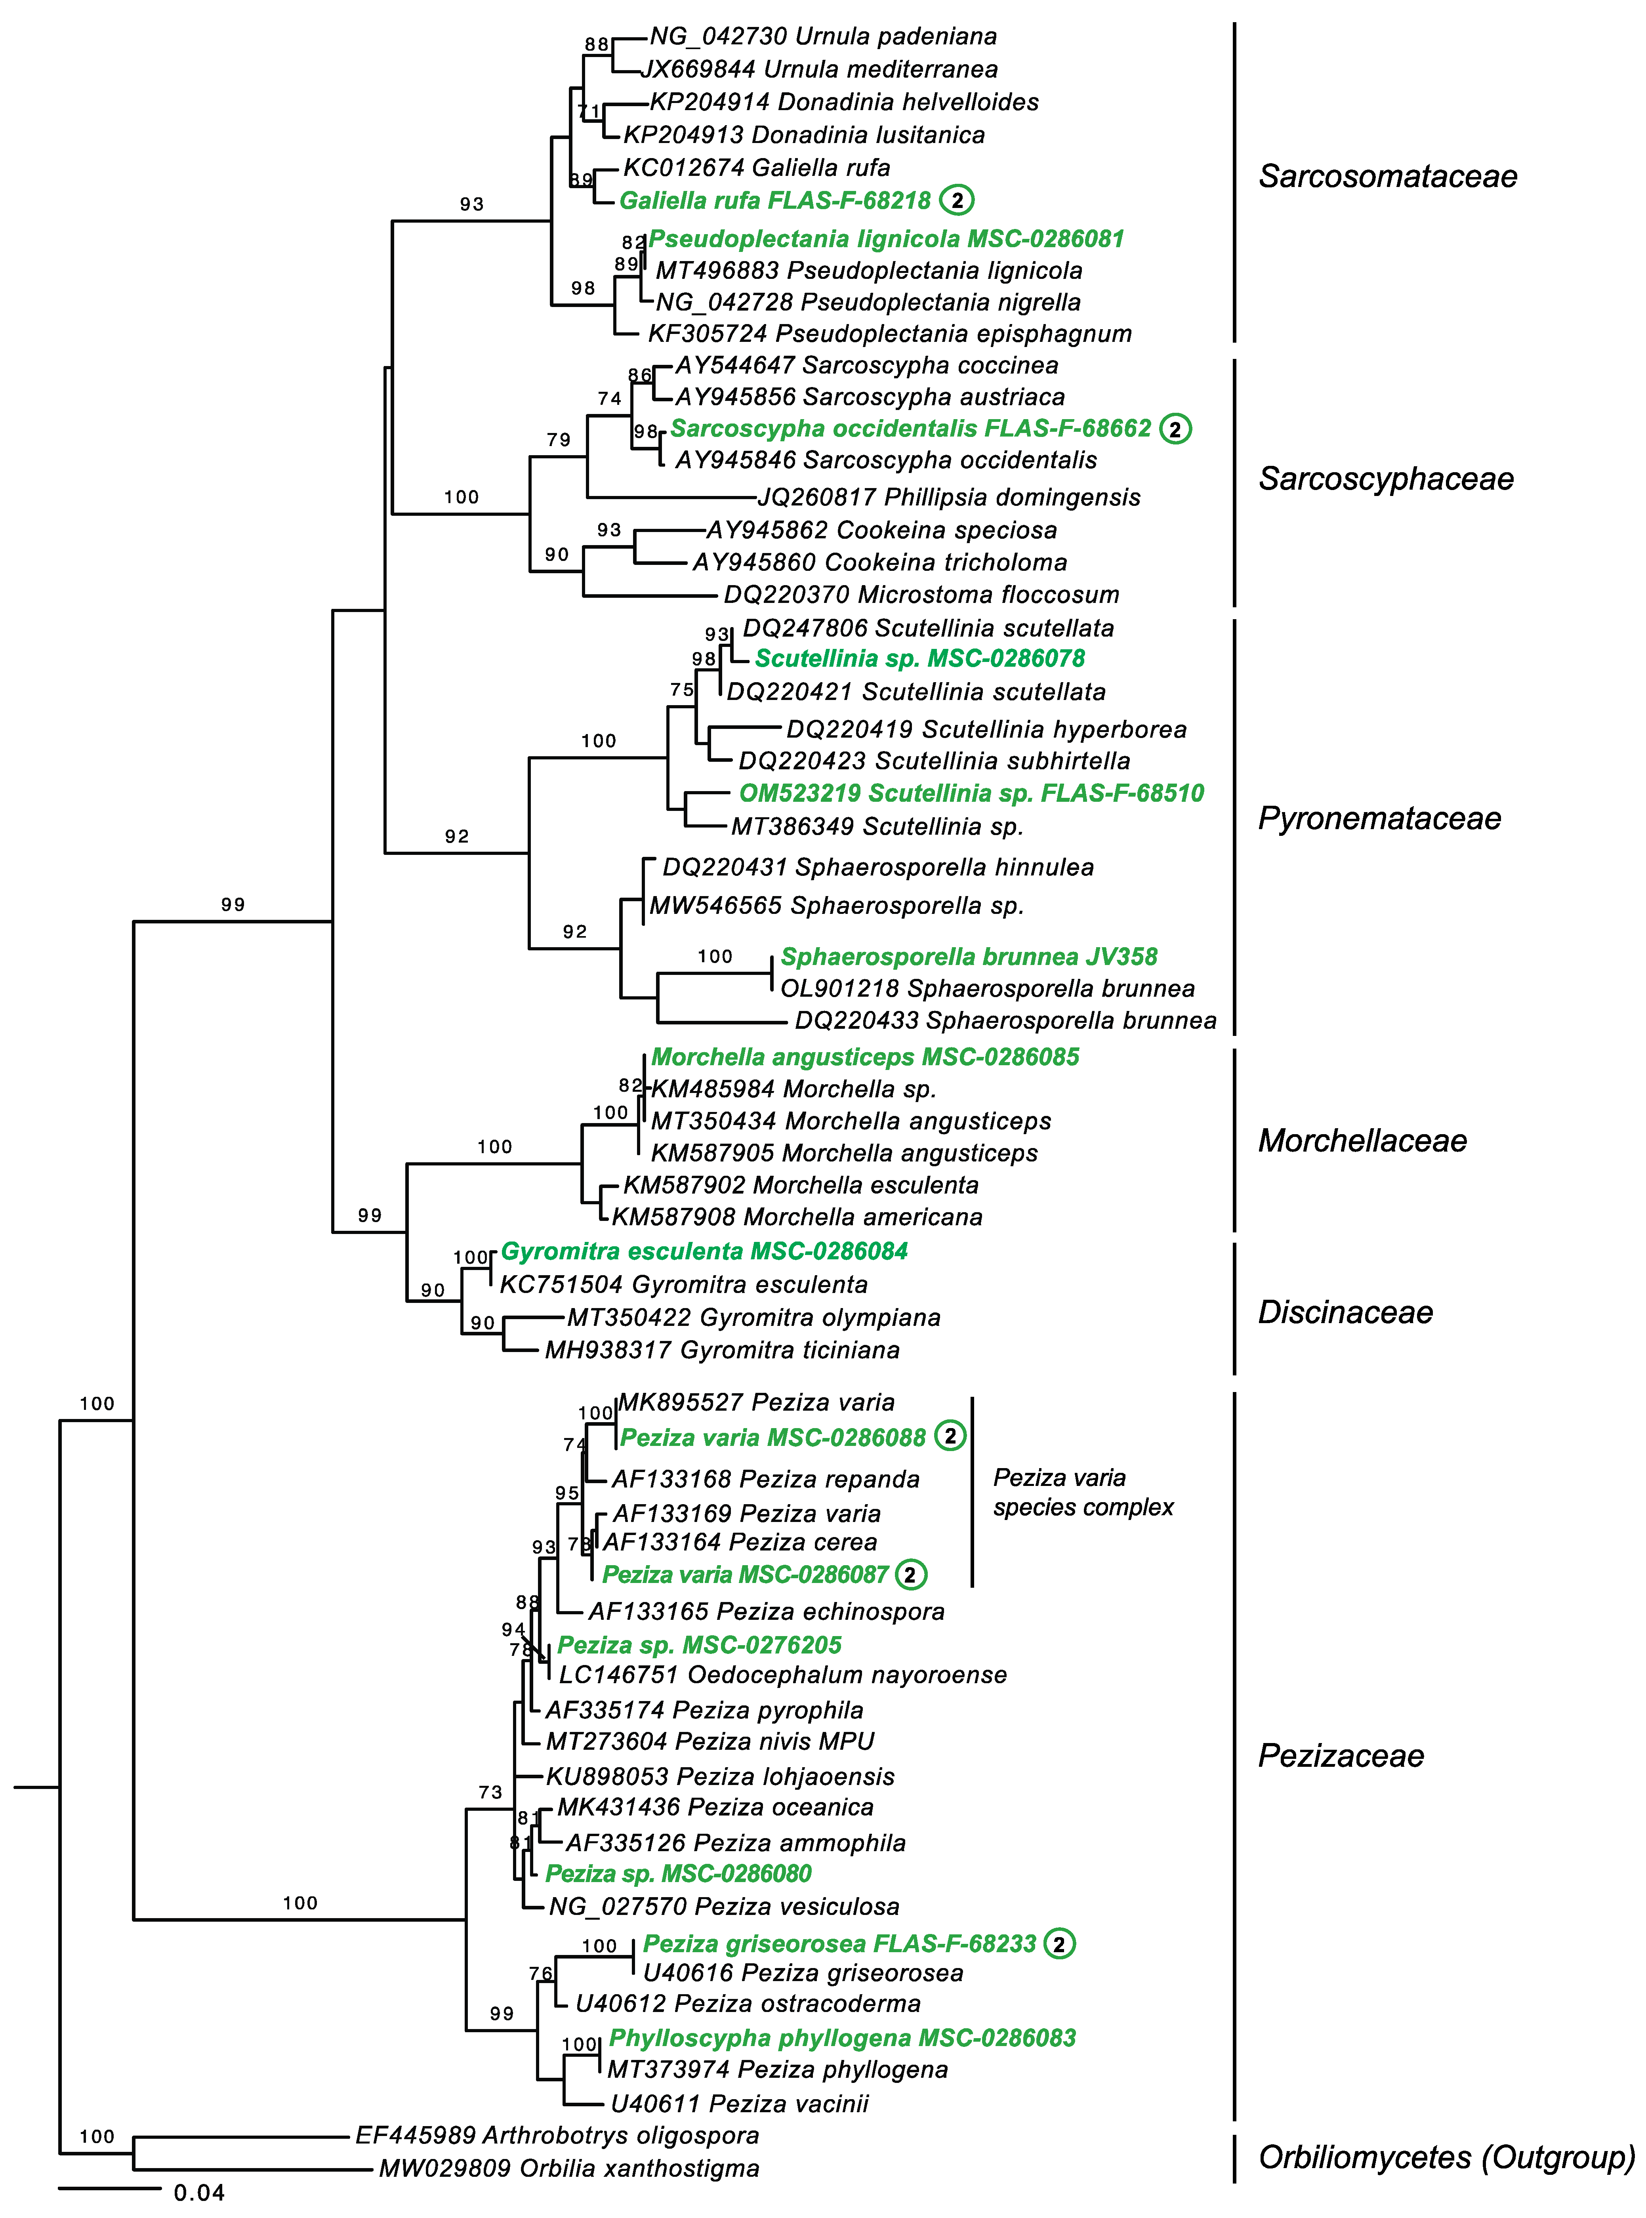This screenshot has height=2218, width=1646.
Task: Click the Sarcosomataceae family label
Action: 1387,176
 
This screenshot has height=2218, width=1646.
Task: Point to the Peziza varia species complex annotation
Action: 1083,1493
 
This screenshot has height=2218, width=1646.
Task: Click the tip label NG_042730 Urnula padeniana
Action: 823,37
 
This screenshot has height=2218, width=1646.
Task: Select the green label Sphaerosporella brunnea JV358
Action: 969,957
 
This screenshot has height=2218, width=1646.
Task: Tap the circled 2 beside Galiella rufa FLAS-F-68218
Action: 957,200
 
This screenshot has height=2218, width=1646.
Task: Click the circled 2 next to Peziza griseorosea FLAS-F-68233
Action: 1059,1944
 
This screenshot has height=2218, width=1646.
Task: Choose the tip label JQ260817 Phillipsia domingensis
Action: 948,497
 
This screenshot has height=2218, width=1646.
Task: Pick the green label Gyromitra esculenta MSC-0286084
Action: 704,1251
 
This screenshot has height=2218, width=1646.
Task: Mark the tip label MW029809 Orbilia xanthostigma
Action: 569,2169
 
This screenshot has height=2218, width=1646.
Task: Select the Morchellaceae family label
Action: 1362,1141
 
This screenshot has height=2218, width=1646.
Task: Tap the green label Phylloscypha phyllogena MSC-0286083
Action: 842,2039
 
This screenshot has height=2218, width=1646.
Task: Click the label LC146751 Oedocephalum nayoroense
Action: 782,1675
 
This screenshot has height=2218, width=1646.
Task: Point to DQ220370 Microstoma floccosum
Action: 921,595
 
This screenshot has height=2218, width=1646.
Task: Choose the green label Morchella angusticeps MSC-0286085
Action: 865,1057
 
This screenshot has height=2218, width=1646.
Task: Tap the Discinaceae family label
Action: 1345,1312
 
